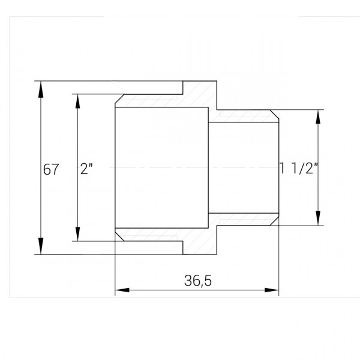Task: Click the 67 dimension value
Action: point(51,169)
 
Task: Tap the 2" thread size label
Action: point(86,169)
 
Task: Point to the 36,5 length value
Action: point(197,280)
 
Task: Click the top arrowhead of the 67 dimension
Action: point(41,89)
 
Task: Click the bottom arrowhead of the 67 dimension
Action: point(41,246)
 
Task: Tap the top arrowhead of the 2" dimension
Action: point(78,101)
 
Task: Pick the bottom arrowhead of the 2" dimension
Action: point(78,234)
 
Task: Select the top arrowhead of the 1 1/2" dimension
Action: point(318,117)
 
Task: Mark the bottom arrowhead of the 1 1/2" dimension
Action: point(318,218)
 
